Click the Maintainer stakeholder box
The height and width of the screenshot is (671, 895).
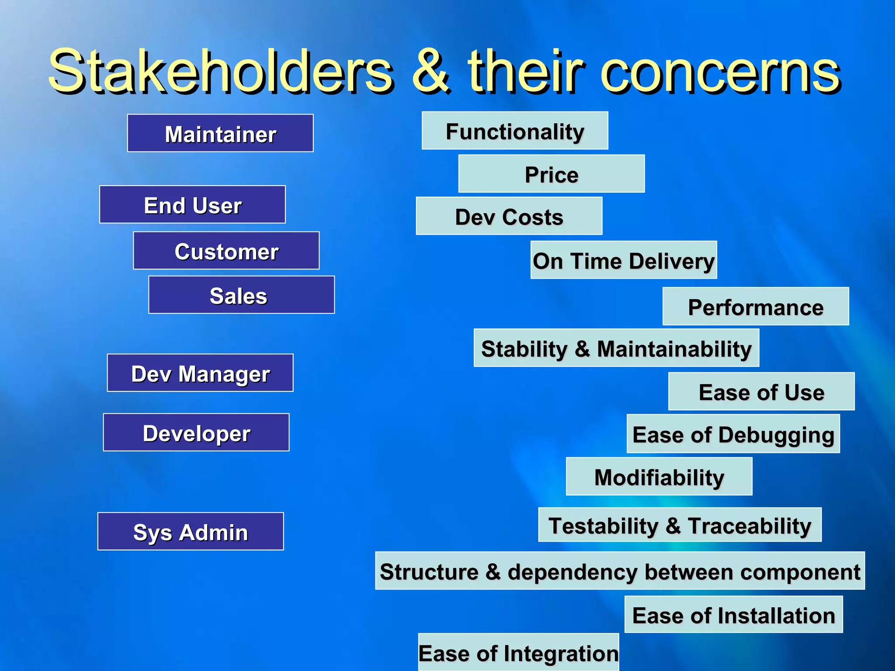(x=220, y=133)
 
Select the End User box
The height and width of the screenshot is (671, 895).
(x=192, y=204)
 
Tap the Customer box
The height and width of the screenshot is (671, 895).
(x=226, y=251)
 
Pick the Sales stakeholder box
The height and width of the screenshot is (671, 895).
(x=241, y=295)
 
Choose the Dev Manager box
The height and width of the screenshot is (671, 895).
(x=200, y=373)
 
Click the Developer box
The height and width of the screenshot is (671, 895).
(x=196, y=432)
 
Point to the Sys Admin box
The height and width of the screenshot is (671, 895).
(x=191, y=532)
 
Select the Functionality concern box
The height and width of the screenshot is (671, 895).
(x=515, y=131)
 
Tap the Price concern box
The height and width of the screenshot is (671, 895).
(x=552, y=174)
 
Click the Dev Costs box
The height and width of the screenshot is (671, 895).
(x=509, y=216)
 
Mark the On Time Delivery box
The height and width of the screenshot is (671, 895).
(x=624, y=260)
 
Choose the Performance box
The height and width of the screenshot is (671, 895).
(x=756, y=307)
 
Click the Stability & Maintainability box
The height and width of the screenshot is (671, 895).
(x=616, y=348)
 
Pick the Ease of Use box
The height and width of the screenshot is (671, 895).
(x=761, y=391)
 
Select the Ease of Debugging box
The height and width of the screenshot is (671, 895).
(x=733, y=434)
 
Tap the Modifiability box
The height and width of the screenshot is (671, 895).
(x=659, y=477)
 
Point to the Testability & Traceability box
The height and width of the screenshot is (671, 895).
(x=680, y=525)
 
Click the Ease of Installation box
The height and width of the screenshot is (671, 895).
(x=733, y=615)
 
